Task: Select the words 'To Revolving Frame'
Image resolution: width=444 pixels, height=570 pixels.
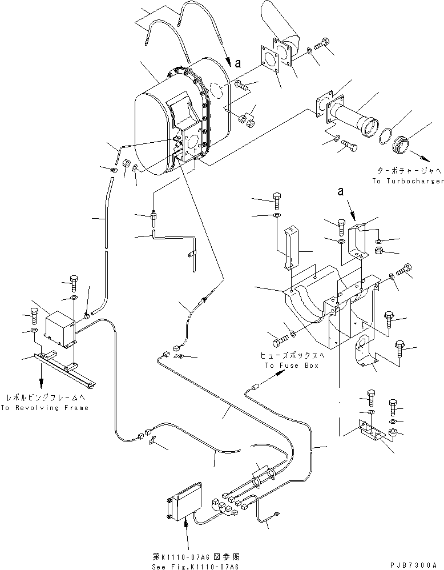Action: click(45, 408)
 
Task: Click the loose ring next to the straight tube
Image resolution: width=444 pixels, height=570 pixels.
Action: click(386, 135)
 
